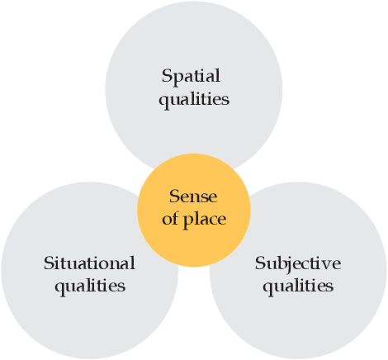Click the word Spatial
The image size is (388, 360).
tap(192, 77)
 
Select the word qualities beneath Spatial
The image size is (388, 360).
tap(195, 99)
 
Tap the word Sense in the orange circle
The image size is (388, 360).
tap(192, 197)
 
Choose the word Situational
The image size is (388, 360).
tap(89, 263)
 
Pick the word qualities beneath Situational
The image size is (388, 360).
tap(90, 286)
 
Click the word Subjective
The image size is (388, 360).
tap(298, 263)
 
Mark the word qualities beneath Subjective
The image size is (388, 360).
tap(298, 286)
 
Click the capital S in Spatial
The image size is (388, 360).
tap(167, 77)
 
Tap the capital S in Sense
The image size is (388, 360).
tap(174, 197)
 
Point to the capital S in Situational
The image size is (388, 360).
tap(48, 263)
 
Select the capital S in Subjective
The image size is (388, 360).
tap(260, 263)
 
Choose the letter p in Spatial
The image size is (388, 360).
tap(178, 79)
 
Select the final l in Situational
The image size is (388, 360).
tap(132, 263)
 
